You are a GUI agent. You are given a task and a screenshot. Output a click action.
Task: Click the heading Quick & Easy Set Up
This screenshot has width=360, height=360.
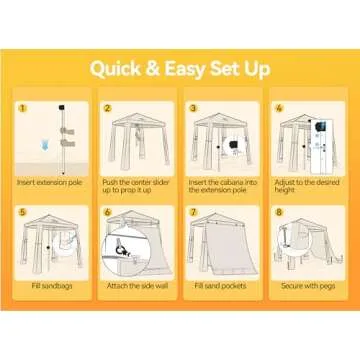180,69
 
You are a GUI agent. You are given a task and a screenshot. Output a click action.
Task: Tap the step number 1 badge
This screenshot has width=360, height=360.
23,108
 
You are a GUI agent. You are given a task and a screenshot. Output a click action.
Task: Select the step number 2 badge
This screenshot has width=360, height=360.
107,108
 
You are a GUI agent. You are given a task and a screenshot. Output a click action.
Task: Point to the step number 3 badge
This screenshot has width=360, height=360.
193,108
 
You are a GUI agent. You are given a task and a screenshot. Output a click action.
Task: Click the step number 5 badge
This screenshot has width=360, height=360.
23,212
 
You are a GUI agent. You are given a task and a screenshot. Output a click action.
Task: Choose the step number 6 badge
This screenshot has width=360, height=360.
107,212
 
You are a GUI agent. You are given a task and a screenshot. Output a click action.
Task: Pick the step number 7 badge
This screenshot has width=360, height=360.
193,212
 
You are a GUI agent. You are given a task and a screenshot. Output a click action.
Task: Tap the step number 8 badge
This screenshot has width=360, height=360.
279,212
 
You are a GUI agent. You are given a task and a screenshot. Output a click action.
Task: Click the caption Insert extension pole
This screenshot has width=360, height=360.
50,183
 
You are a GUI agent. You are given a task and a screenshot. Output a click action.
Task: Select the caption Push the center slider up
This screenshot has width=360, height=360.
136,186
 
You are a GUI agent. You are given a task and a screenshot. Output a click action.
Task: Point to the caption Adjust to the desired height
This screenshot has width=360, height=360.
307,186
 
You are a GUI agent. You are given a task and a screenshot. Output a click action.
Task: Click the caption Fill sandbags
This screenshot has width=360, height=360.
52,286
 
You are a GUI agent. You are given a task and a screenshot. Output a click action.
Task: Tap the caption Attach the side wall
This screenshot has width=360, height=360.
137,286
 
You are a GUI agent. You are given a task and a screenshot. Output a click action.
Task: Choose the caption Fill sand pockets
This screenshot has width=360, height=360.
221,286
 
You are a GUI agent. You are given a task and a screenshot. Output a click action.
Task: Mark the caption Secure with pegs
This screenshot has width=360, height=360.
308,286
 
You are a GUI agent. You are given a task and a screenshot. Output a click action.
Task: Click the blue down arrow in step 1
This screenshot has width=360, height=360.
44,145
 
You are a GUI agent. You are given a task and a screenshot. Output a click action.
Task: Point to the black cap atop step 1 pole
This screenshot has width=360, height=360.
61,107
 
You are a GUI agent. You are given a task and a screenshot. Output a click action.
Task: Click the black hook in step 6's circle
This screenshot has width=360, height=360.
118,250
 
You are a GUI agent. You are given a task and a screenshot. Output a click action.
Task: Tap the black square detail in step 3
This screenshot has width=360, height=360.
233,146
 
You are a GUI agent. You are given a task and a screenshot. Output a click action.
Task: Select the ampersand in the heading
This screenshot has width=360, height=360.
153,69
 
